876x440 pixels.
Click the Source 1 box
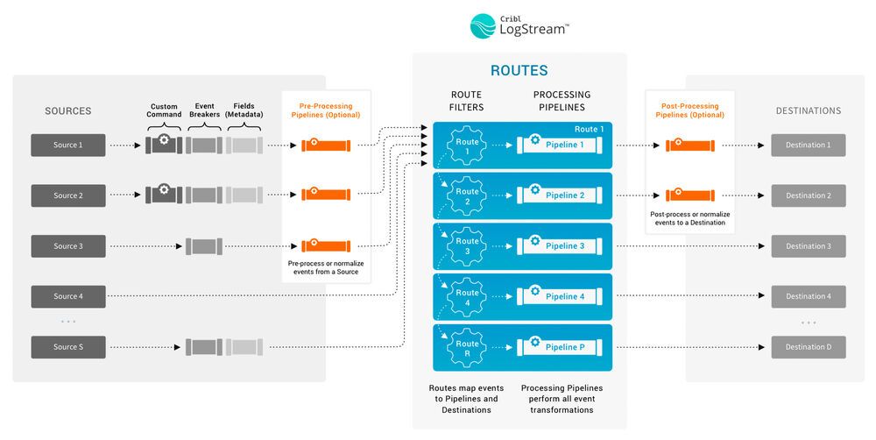pyautogui.click(x=67, y=145)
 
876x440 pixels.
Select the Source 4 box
pyautogui.click(x=67, y=296)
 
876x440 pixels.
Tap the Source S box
pyautogui.click(x=67, y=347)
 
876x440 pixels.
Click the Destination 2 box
pyautogui.click(x=808, y=195)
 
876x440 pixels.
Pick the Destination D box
pyautogui.click(x=808, y=347)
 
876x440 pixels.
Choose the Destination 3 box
pyautogui.click(x=808, y=246)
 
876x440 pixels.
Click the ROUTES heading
pyautogui.click(x=519, y=71)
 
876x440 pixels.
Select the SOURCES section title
pyautogui.click(x=68, y=111)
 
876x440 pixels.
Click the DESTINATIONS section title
pyautogui.click(x=808, y=111)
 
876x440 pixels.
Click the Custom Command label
pyautogui.click(x=165, y=110)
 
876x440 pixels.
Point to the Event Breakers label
pyautogui.click(x=204, y=110)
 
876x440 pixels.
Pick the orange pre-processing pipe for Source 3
pyautogui.click(x=326, y=246)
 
